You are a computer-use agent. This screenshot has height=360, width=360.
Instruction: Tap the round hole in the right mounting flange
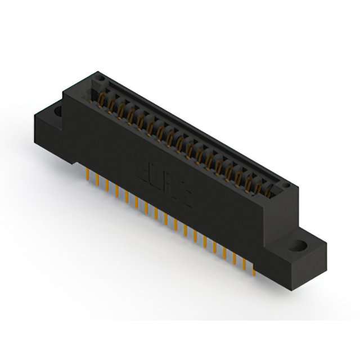[299, 246]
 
